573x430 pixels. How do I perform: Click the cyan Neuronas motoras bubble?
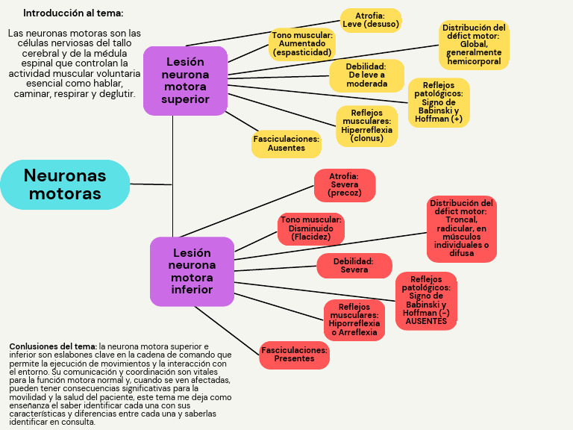(65, 184)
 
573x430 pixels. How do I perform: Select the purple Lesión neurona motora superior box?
(185, 81)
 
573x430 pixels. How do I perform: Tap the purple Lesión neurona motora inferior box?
(192, 271)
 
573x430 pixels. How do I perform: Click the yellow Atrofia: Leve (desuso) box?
(371, 20)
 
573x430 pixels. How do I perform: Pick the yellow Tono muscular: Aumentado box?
(302, 44)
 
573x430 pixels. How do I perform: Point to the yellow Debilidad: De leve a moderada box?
(366, 75)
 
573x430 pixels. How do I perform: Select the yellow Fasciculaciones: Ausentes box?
(286, 143)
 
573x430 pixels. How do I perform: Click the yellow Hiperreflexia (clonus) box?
(366, 125)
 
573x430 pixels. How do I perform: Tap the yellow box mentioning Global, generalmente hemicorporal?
(474, 45)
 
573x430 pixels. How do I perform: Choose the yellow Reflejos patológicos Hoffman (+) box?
(439, 102)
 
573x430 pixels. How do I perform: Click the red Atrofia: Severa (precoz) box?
(345, 185)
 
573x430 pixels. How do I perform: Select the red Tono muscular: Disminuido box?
(311, 229)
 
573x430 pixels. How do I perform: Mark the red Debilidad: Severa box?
(354, 266)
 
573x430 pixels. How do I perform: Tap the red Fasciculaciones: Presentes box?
(294, 355)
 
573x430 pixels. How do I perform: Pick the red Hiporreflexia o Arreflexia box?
(354, 320)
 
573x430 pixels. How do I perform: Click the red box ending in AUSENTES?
(426, 301)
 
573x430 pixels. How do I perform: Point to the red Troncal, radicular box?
(462, 228)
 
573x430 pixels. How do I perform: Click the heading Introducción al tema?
(73, 13)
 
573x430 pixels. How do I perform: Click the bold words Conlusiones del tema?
(53, 346)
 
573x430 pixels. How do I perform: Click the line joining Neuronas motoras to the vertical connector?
(151, 184)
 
